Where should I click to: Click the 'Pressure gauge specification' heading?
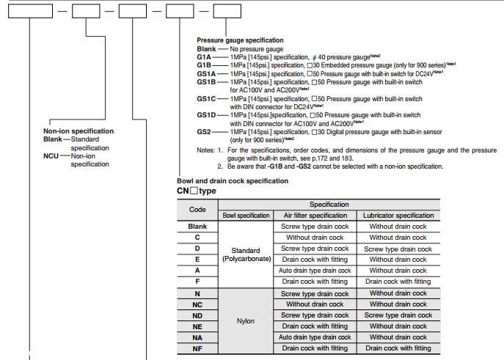point(240,40)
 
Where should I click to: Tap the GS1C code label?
point(207,98)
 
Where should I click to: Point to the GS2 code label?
point(204,131)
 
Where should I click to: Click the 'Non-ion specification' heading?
point(78,131)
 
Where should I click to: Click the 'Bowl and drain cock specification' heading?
point(233,180)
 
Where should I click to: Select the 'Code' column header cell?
point(197,209)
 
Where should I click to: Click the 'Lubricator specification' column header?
point(398,216)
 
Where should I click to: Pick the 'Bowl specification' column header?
point(246,216)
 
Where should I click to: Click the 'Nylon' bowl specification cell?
point(246,321)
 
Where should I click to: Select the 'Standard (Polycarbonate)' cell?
point(246,254)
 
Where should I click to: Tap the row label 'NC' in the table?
point(197,304)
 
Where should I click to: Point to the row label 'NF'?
point(197,348)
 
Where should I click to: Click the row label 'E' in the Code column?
point(197,260)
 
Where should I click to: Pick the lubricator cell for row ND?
point(398,315)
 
